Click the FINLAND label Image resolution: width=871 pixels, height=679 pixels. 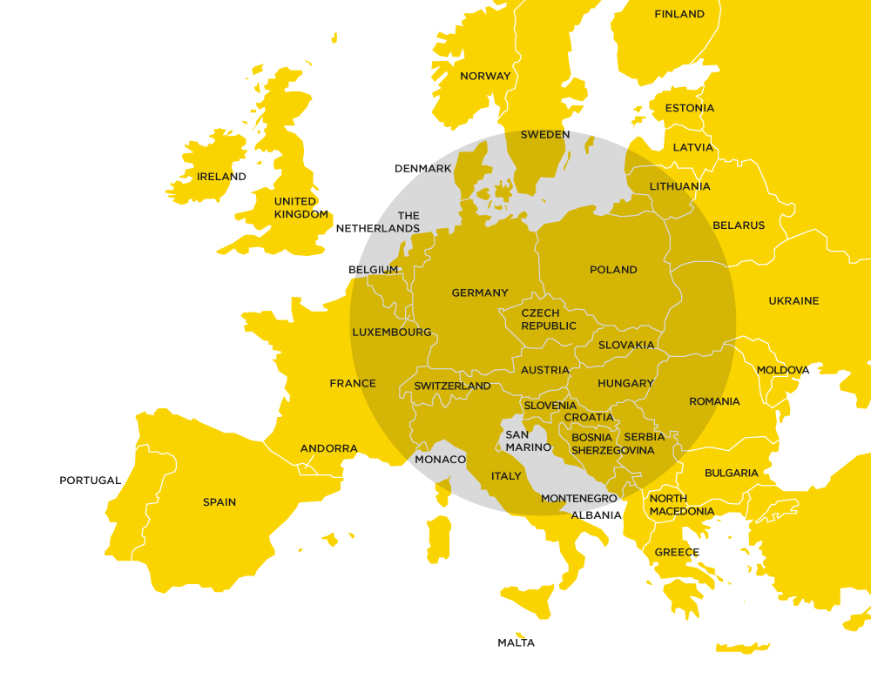pyautogui.click(x=679, y=14)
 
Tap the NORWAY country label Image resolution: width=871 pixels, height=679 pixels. pyautogui.click(x=485, y=76)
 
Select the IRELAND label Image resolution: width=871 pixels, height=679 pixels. pyautogui.click(x=221, y=177)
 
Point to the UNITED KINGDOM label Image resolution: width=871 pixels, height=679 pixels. pyautogui.click(x=300, y=208)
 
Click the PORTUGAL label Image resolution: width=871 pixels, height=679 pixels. pyautogui.click(x=90, y=481)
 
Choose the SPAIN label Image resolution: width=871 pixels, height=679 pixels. pyautogui.click(x=219, y=502)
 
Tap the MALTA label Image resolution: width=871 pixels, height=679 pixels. pyautogui.click(x=516, y=643)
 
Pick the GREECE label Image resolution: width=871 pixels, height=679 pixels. pyautogui.click(x=677, y=553)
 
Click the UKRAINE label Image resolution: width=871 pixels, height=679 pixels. pyautogui.click(x=793, y=301)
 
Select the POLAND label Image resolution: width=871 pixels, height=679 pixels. pyautogui.click(x=613, y=270)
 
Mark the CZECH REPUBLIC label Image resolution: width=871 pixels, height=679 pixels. pyautogui.click(x=549, y=319)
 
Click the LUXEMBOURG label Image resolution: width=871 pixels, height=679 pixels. pyautogui.click(x=392, y=333)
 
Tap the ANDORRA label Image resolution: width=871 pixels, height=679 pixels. pyautogui.click(x=328, y=449)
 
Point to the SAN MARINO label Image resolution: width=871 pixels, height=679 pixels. pyautogui.click(x=529, y=441)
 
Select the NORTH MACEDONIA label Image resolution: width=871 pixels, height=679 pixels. pyautogui.click(x=681, y=505)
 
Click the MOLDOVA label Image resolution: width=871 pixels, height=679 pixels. pyautogui.click(x=782, y=371)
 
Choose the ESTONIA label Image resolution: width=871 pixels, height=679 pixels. pyautogui.click(x=689, y=109)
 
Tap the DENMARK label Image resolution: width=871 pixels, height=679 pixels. pyautogui.click(x=422, y=169)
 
